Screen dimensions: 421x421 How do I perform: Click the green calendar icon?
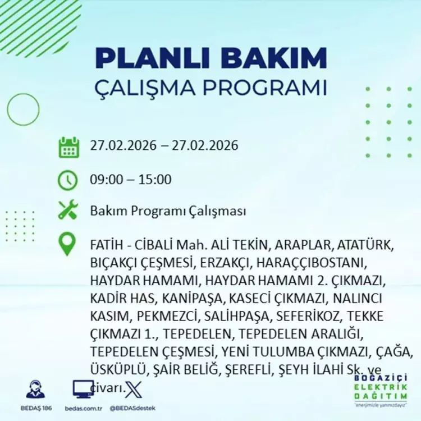tap(68, 147)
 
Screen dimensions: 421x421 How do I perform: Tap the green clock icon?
tap(68, 180)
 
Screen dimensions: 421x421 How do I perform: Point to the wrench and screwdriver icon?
tap(68, 211)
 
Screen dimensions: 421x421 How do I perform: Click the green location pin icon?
tap(67, 244)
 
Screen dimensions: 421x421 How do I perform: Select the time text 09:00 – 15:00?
tap(130, 180)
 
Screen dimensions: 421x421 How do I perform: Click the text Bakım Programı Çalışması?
tap(168, 212)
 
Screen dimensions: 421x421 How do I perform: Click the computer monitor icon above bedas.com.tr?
tap(83, 388)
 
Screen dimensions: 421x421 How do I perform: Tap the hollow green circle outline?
tap(23, 110)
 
